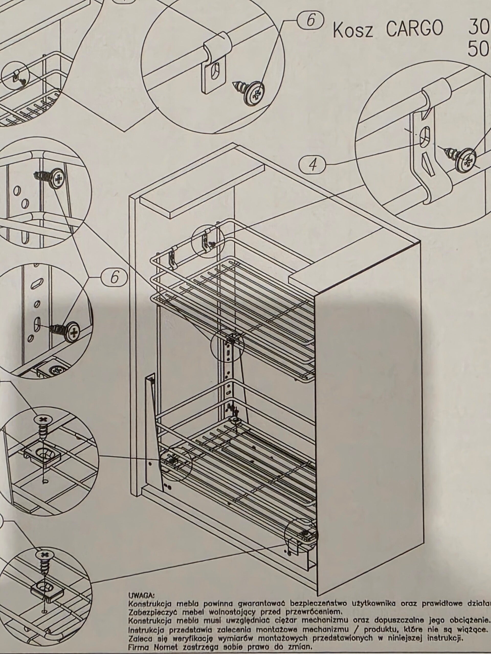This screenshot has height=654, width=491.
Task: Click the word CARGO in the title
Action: pyautogui.click(x=415, y=29)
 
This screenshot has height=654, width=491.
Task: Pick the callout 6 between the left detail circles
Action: pyautogui.click(x=115, y=278)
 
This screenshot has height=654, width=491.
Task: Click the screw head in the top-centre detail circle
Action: pyautogui.click(x=254, y=92)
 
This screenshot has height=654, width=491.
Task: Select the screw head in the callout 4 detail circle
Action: pyautogui.click(x=466, y=161)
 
